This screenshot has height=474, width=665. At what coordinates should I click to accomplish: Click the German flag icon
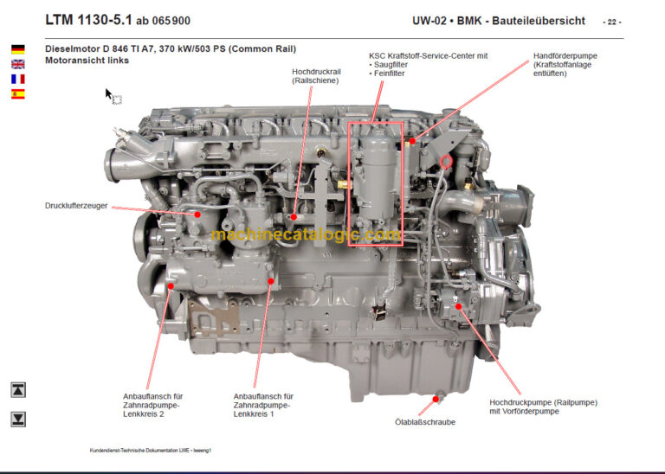click(17, 49)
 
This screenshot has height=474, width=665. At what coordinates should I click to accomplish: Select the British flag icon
click(17, 64)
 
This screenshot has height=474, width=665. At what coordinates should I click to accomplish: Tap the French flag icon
click(17, 79)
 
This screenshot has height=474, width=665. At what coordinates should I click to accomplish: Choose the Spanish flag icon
click(17, 93)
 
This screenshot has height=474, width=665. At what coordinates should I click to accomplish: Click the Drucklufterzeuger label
click(76, 206)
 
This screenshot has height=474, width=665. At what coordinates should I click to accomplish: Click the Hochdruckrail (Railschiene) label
click(315, 75)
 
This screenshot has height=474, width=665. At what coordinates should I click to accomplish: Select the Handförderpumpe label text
click(565, 65)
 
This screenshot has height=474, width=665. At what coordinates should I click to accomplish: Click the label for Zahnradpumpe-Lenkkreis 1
click(264, 406)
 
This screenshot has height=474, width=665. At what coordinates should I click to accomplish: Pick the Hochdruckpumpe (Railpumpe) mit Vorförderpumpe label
click(543, 407)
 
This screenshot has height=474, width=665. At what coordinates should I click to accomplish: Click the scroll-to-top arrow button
click(18, 390)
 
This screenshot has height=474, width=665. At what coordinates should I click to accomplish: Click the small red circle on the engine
click(447, 161)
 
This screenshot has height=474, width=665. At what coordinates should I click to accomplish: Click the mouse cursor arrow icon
click(110, 94)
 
